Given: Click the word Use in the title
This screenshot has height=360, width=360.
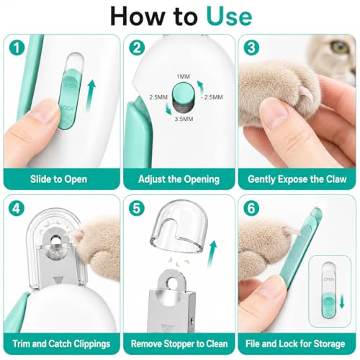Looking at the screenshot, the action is pyautogui.click(x=229, y=17).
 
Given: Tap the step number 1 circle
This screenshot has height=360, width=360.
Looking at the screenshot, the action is pyautogui.click(x=17, y=48).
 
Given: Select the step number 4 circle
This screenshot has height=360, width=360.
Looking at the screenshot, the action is pyautogui.click(x=17, y=208).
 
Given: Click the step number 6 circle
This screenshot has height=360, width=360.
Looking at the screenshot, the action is pyautogui.click(x=251, y=208).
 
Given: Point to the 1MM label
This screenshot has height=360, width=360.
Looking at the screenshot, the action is pyautogui.click(x=183, y=76).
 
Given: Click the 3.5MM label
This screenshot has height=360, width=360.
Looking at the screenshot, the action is pyautogui.click(x=184, y=119).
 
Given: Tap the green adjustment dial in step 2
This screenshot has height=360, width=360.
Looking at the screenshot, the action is pyautogui.click(x=184, y=92).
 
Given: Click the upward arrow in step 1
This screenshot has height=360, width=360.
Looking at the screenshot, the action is pyautogui.click(x=91, y=96).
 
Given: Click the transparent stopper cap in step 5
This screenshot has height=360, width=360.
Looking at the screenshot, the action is pyautogui.click(x=179, y=227).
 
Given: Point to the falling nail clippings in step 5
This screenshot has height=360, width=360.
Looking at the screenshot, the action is pyautogui.click(x=174, y=261).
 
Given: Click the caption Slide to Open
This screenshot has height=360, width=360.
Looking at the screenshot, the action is pyautogui.click(x=58, y=179).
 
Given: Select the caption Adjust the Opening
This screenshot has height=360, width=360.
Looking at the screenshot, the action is pyautogui.click(x=179, y=179).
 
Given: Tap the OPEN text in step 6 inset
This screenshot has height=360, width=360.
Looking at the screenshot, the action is pyautogui.click(x=329, y=279).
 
